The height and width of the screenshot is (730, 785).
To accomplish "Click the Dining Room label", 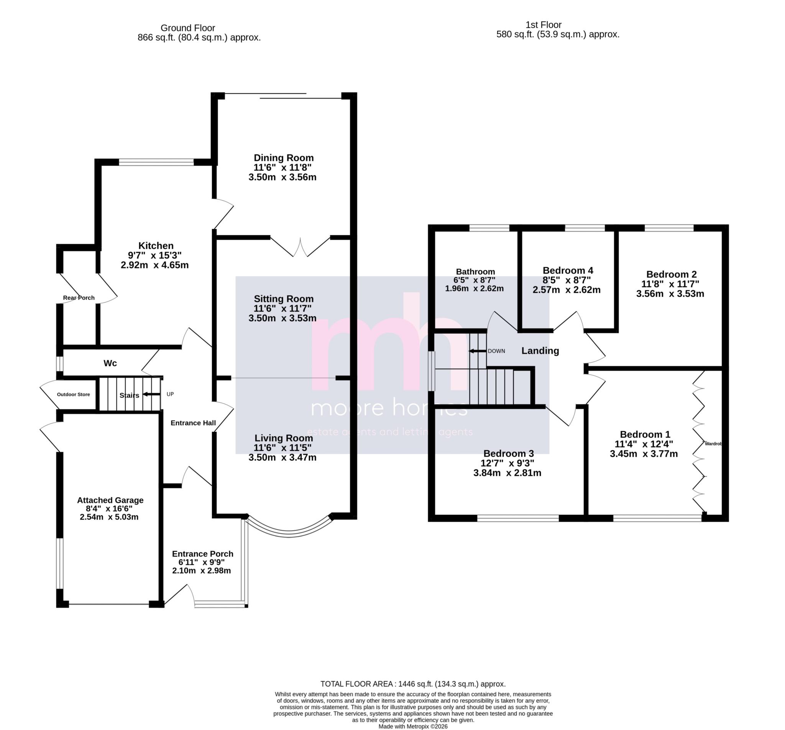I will pos(284,158).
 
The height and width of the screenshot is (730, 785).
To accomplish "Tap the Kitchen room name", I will pos(156,246).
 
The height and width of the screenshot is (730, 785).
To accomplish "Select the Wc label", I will pos(110,363).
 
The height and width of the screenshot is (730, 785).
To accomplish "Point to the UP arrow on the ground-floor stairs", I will pos(152,394).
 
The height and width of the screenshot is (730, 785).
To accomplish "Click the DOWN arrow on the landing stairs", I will pos(477,351).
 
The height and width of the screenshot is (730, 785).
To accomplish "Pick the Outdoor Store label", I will pos(74,394).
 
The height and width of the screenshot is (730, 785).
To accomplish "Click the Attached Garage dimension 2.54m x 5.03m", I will pos(109,517).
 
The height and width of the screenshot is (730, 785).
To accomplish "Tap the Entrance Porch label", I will pos(202,554).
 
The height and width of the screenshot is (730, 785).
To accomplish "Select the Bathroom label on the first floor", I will pos(475,272).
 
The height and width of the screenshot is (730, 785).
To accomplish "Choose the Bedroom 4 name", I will pos(568,271).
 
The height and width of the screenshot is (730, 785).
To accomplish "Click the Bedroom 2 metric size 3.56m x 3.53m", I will pos(670,294).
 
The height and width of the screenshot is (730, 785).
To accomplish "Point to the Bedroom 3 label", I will pos(509,454).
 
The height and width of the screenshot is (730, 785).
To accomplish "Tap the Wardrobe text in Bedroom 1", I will pos(714,444).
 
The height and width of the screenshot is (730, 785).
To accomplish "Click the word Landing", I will pos(540,351).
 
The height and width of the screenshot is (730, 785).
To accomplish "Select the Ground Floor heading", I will pos(187,28).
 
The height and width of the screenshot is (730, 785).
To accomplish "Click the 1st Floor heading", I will pos(544,25).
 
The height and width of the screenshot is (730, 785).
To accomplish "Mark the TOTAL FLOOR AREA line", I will pos(413,684).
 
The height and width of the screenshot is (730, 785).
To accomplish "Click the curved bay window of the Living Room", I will pos(289,533).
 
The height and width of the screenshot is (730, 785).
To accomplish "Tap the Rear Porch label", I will pos(79,298).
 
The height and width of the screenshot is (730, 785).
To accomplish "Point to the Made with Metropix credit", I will pos(413,726).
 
